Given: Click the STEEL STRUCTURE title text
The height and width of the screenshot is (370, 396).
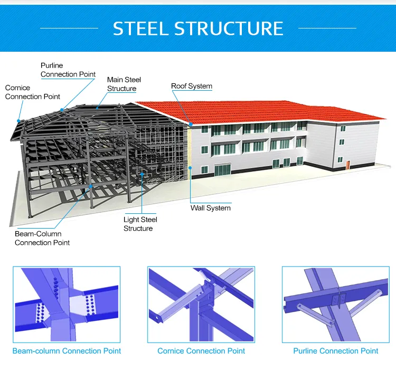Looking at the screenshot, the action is point(198,28).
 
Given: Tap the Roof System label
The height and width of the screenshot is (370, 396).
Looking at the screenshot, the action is point(192,86).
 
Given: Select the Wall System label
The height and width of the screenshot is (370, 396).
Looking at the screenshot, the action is point(211,208).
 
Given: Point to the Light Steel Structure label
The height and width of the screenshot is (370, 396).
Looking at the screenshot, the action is point(140,224).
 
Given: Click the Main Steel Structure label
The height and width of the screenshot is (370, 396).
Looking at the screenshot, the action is point(124,84).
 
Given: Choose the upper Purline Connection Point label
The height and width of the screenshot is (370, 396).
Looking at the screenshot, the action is point(68,70).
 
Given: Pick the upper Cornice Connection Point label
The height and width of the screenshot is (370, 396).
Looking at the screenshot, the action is point(32,92).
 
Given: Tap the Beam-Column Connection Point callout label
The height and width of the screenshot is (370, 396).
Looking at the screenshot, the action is point(42,238).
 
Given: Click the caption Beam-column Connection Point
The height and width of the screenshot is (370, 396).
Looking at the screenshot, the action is point(67,351).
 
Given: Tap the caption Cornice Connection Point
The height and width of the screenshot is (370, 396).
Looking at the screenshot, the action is point(201,351).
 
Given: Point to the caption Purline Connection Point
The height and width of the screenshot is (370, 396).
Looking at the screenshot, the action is point(336,351).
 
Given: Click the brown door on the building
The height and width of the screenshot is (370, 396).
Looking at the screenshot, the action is point(348,165).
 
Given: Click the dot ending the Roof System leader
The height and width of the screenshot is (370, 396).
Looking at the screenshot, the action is point(191,124).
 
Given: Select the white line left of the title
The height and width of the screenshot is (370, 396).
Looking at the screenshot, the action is point(69,28).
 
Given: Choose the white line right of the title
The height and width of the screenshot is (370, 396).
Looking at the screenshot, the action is point(327,28).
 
